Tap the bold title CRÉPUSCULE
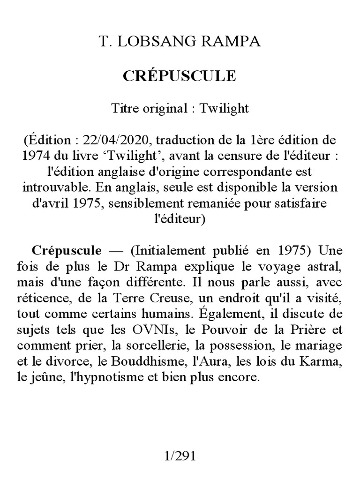point(180,76)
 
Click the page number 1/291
point(180,456)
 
